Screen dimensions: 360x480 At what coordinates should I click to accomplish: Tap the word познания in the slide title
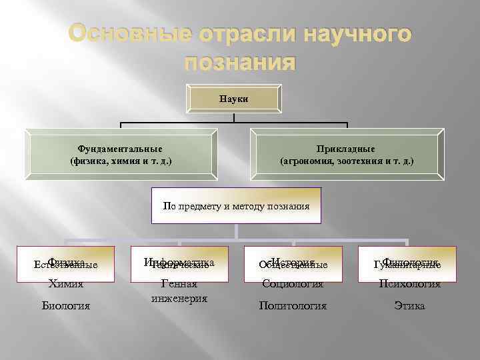[239, 63]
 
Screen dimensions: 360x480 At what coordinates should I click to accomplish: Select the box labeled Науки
[233, 99]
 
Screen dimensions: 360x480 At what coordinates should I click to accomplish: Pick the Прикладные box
[347, 155]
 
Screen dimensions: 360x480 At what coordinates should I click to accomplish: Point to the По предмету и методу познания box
[236, 206]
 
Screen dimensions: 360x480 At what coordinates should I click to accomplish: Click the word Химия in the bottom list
[65, 284]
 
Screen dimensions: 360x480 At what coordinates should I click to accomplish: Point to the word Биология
[65, 306]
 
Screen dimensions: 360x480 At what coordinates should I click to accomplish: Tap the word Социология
[293, 284]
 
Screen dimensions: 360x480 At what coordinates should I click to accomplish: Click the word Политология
[293, 306]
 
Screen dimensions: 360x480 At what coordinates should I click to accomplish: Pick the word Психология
[409, 284]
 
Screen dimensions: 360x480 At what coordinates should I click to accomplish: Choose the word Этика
[409, 306]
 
